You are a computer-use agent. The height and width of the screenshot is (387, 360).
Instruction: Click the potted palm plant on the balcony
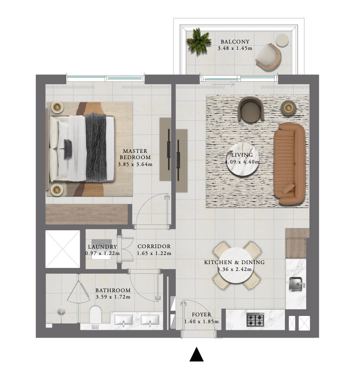[198, 42]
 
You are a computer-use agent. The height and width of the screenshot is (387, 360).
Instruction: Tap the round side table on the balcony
[282, 40]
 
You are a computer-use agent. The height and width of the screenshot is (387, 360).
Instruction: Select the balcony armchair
[269, 57]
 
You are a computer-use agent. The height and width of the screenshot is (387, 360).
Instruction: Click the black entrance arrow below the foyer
[196, 354]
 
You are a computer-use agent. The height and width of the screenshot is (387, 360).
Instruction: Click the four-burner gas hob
[255, 319]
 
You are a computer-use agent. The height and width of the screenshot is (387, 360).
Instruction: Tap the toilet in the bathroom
[95, 314]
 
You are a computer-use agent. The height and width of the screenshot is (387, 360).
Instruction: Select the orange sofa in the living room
[289, 164]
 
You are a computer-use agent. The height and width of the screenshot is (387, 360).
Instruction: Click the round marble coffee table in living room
[242, 160]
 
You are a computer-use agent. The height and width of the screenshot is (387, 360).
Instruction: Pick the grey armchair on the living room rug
[251, 110]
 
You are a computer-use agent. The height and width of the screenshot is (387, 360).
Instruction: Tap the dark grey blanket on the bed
[96, 148]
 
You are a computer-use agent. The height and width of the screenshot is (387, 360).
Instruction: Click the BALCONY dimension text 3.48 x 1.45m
[235, 48]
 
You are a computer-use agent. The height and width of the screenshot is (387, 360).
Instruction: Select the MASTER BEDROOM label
[135, 154]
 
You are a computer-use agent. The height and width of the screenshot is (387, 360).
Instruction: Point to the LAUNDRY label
[102, 247]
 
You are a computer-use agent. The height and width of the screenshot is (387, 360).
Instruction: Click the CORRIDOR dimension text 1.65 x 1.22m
[154, 253]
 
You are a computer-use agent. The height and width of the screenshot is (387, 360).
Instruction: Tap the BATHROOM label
[113, 290]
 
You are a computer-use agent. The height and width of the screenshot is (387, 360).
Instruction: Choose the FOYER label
[201, 314]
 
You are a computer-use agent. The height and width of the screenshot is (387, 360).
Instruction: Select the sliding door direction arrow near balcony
[230, 85]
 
